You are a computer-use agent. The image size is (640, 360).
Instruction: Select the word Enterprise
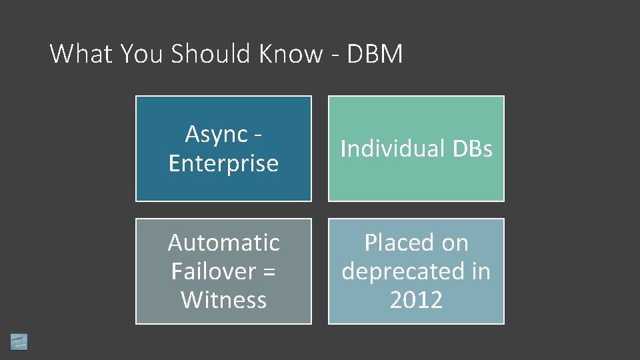pos(223,163)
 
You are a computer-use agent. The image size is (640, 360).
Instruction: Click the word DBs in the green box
pos(471,149)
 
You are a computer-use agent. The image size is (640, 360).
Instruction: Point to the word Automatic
pos(223,243)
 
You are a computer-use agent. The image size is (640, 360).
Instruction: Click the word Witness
pos(223,300)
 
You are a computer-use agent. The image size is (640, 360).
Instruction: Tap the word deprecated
pos(401,271)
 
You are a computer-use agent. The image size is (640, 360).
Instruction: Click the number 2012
pos(416,300)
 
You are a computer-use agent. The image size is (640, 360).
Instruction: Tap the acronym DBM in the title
pos(376,53)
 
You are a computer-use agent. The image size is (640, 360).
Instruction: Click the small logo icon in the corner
pos(19,341)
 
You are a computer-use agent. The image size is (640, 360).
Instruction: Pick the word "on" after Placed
pos(454,243)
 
